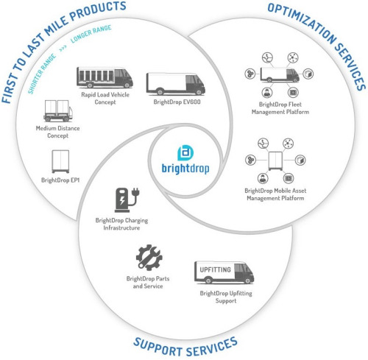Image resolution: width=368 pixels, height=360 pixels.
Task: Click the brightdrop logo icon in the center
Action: (185, 153)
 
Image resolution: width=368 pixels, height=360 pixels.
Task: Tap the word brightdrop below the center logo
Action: (185, 169)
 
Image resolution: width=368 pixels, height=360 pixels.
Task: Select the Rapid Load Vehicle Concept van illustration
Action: (105, 77)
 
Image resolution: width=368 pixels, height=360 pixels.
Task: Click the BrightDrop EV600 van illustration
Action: (176, 84)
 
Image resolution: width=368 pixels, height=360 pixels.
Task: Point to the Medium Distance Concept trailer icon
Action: (58, 110)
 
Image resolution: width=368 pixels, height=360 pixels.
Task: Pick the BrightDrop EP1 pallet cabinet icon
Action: (60, 162)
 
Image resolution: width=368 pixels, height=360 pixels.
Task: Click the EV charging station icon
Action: (127, 200)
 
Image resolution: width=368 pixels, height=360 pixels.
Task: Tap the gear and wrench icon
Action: (149, 258)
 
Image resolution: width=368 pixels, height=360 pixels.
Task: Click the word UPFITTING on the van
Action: (215, 269)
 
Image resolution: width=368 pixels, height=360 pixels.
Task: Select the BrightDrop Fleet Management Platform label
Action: (280, 108)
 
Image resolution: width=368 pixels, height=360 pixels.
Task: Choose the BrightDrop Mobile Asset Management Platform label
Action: (275, 194)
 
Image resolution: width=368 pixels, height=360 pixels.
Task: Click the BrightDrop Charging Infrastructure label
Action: (121, 224)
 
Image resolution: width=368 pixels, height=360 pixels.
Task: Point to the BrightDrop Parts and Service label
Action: (148, 282)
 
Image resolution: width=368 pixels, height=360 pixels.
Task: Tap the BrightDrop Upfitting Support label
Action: (226, 297)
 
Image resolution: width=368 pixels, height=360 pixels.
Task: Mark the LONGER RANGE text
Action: (91, 34)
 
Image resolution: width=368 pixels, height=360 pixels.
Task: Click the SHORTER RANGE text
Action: (41, 74)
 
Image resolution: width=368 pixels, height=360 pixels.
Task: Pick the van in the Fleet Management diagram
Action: (280, 74)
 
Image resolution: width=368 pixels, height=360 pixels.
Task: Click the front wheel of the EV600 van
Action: (199, 92)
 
